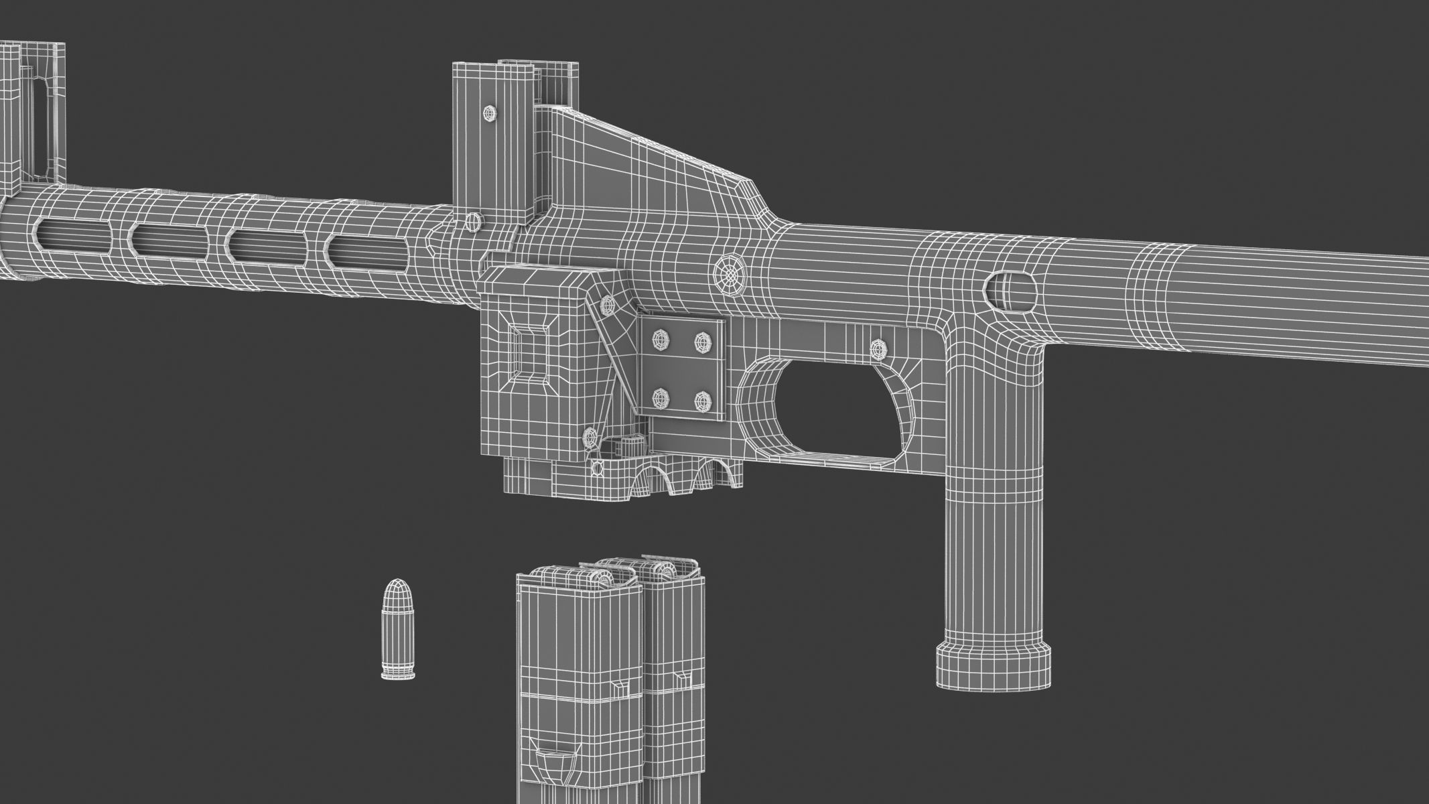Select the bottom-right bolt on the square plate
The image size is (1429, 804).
point(701,401)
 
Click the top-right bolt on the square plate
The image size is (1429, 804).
point(701,340)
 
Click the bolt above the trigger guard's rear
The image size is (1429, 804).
point(878,348)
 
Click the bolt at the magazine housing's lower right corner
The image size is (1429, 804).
point(591,438)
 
